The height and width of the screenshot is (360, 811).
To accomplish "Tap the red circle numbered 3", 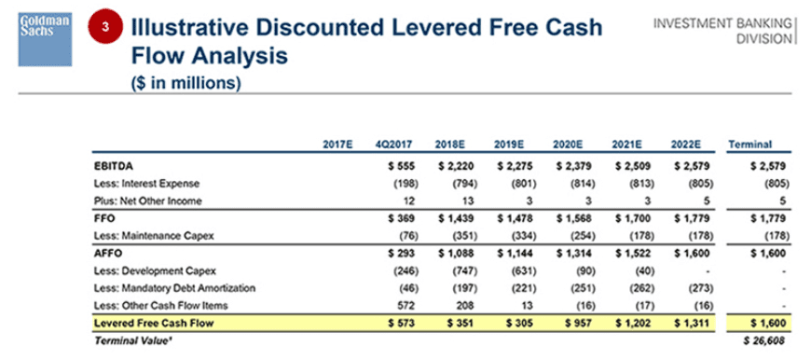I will tap(105, 28).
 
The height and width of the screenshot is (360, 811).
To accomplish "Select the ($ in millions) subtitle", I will tap(187, 82).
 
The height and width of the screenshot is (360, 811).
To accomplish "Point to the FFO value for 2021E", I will tap(627, 217).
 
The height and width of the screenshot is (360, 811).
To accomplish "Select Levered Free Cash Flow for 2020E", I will tap(570, 323).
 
